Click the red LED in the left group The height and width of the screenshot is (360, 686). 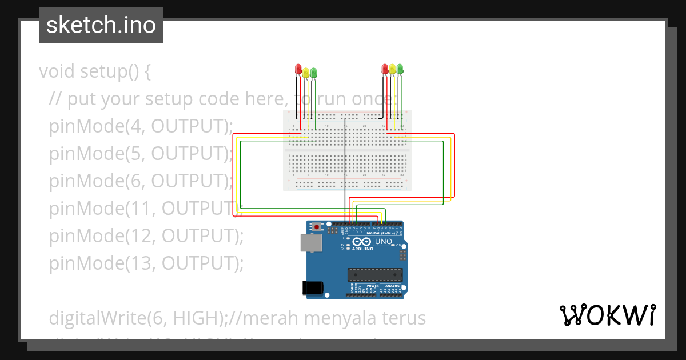click(298, 69)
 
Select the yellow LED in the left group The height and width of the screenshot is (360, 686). click(306, 72)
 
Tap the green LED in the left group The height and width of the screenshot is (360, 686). click(313, 73)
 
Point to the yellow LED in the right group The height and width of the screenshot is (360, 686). click(393, 69)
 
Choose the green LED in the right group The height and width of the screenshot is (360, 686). click(400, 69)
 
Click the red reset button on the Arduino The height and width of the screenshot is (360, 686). click(317, 227)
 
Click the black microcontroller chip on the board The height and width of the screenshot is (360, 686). click(375, 274)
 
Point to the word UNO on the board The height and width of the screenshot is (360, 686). click(383, 242)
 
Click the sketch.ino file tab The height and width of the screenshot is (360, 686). click(101, 25)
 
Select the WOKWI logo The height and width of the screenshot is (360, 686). click(607, 315)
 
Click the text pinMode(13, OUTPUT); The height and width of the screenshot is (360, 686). click(146, 263)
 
